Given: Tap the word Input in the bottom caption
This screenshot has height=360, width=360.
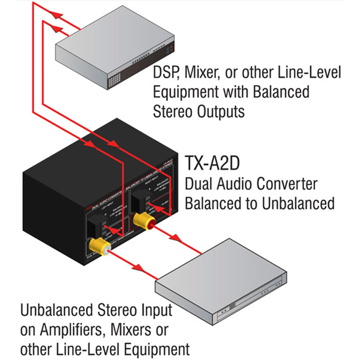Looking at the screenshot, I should point(153,310).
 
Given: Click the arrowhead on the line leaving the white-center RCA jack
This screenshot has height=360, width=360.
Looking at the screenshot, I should point(138,267).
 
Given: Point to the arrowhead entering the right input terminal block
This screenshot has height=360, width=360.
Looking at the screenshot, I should point(114,144).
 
